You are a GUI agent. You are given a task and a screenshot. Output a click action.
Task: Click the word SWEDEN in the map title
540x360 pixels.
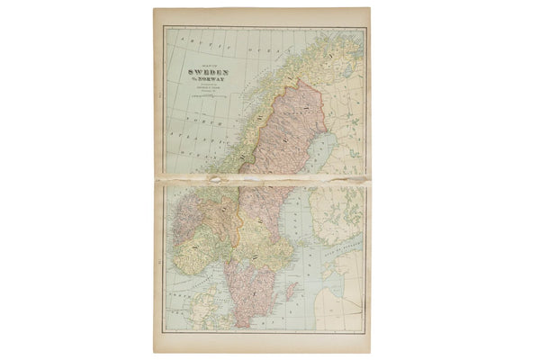coord(207,75)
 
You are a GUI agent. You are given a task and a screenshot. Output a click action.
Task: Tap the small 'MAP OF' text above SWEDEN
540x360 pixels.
coord(208,66)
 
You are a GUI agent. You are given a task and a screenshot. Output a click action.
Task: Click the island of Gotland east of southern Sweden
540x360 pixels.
coord(291,291)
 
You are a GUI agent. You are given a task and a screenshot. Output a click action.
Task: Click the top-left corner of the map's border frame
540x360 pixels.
coord(164,26)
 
